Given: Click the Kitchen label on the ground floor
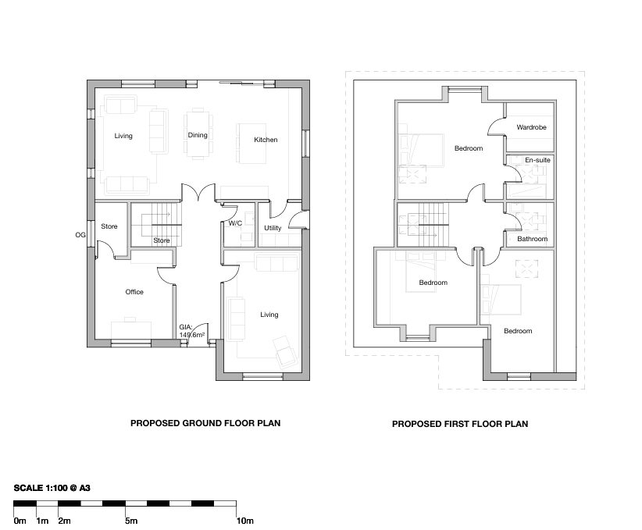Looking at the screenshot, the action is (x=266, y=140).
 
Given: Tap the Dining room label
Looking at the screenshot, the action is (x=198, y=135).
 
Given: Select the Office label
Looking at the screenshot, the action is (x=134, y=292).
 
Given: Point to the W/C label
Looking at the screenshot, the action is (x=235, y=223).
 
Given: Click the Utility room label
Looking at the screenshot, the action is (x=273, y=228).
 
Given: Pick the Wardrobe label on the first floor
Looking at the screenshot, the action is (x=531, y=127).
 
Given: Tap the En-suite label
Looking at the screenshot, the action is (x=537, y=160).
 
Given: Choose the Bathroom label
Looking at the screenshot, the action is (x=533, y=239).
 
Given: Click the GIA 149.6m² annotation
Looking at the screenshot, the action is (x=191, y=331).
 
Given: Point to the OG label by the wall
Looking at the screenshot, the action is (x=80, y=235).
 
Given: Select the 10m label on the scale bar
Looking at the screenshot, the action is (x=244, y=521).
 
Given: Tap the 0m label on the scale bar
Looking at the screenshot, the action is (x=20, y=521).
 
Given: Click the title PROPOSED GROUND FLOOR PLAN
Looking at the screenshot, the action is (x=205, y=423).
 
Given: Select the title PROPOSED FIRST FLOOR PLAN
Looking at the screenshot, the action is (x=460, y=424).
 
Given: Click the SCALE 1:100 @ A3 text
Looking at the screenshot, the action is (x=52, y=488).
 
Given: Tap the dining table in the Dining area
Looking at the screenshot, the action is (x=198, y=133).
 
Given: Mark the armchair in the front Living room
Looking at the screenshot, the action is (x=285, y=352).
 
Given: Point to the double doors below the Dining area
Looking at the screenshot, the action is (x=198, y=192).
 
